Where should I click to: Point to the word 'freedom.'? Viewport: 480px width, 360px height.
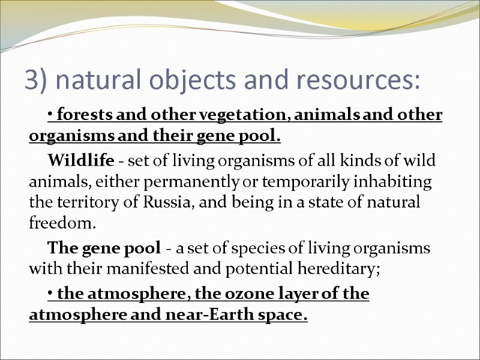click(62, 224)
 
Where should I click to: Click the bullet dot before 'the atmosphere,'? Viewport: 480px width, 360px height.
click(49, 295)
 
